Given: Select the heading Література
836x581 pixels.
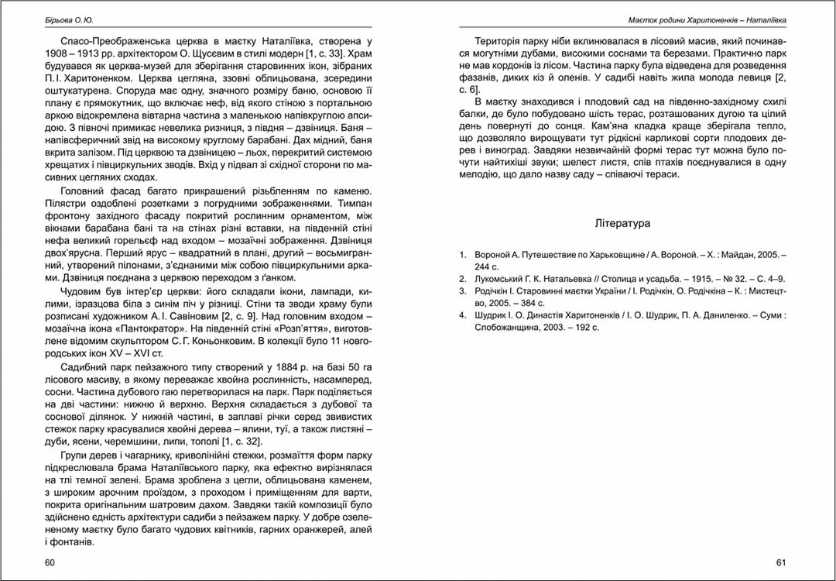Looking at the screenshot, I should click(x=622, y=223).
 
